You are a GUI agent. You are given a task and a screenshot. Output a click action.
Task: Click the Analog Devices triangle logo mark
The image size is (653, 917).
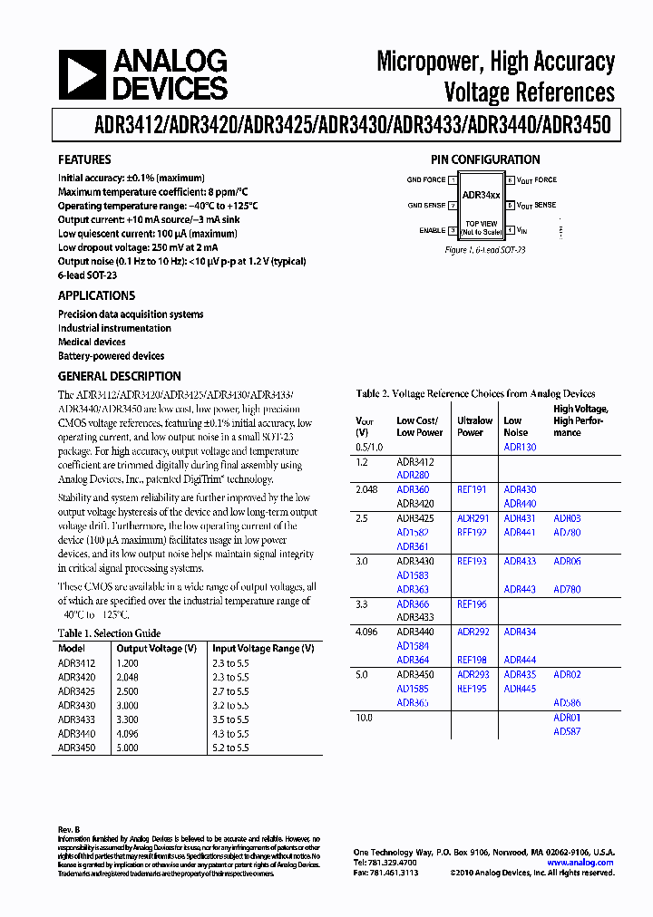(83, 75)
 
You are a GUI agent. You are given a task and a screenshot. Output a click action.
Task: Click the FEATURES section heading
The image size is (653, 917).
(84, 159)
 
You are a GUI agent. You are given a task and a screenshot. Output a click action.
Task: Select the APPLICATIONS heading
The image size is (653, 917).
(96, 295)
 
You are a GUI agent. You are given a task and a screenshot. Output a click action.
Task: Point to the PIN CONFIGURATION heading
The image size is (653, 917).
(485, 159)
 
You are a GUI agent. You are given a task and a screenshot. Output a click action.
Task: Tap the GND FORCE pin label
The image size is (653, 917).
(425, 180)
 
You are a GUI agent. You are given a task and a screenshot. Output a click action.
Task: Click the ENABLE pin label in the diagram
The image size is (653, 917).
(432, 230)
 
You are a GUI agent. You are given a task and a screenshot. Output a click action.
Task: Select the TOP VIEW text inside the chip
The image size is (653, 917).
(481, 223)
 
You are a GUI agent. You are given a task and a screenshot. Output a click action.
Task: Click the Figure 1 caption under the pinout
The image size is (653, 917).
(485, 250)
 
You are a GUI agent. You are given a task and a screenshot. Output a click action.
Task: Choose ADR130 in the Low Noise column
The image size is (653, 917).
(520, 447)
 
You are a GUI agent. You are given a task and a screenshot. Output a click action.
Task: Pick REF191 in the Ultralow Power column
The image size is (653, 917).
(472, 489)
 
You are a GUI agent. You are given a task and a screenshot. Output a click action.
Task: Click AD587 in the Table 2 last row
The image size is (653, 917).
(567, 731)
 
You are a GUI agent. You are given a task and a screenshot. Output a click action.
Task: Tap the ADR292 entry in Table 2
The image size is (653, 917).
(473, 632)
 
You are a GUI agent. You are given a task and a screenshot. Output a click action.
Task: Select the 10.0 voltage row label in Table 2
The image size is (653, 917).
(365, 718)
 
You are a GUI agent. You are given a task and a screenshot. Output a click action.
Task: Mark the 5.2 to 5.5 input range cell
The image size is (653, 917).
(230, 748)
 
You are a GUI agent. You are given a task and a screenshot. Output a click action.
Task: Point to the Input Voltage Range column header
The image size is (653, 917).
(263, 649)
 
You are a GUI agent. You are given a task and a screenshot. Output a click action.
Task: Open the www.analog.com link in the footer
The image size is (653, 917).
(580, 863)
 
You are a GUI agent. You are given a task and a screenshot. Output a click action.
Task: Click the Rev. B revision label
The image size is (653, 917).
(69, 830)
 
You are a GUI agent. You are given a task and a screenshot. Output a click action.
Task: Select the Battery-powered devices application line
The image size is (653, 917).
(111, 356)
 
